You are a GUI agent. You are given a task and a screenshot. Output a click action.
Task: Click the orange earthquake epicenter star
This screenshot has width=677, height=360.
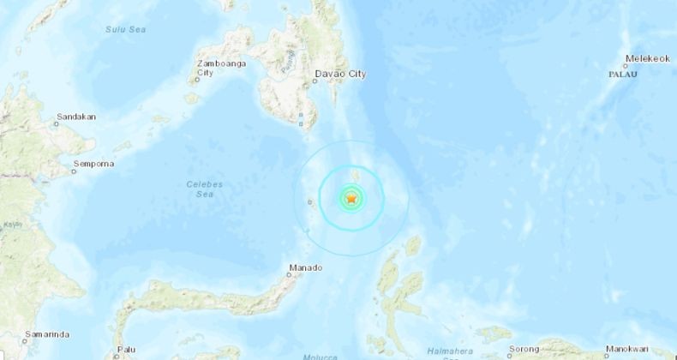[x=351, y=199]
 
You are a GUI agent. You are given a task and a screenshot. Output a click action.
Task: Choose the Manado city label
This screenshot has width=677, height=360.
[x=306, y=267]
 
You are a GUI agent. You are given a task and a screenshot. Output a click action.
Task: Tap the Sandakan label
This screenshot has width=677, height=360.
[x=75, y=116]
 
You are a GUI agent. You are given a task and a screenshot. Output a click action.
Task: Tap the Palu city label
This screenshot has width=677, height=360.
[x=127, y=349]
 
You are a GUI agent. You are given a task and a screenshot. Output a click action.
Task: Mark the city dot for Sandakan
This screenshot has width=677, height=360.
[x=57, y=123]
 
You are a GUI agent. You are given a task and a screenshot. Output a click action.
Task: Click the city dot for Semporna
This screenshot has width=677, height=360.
[x=75, y=170]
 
